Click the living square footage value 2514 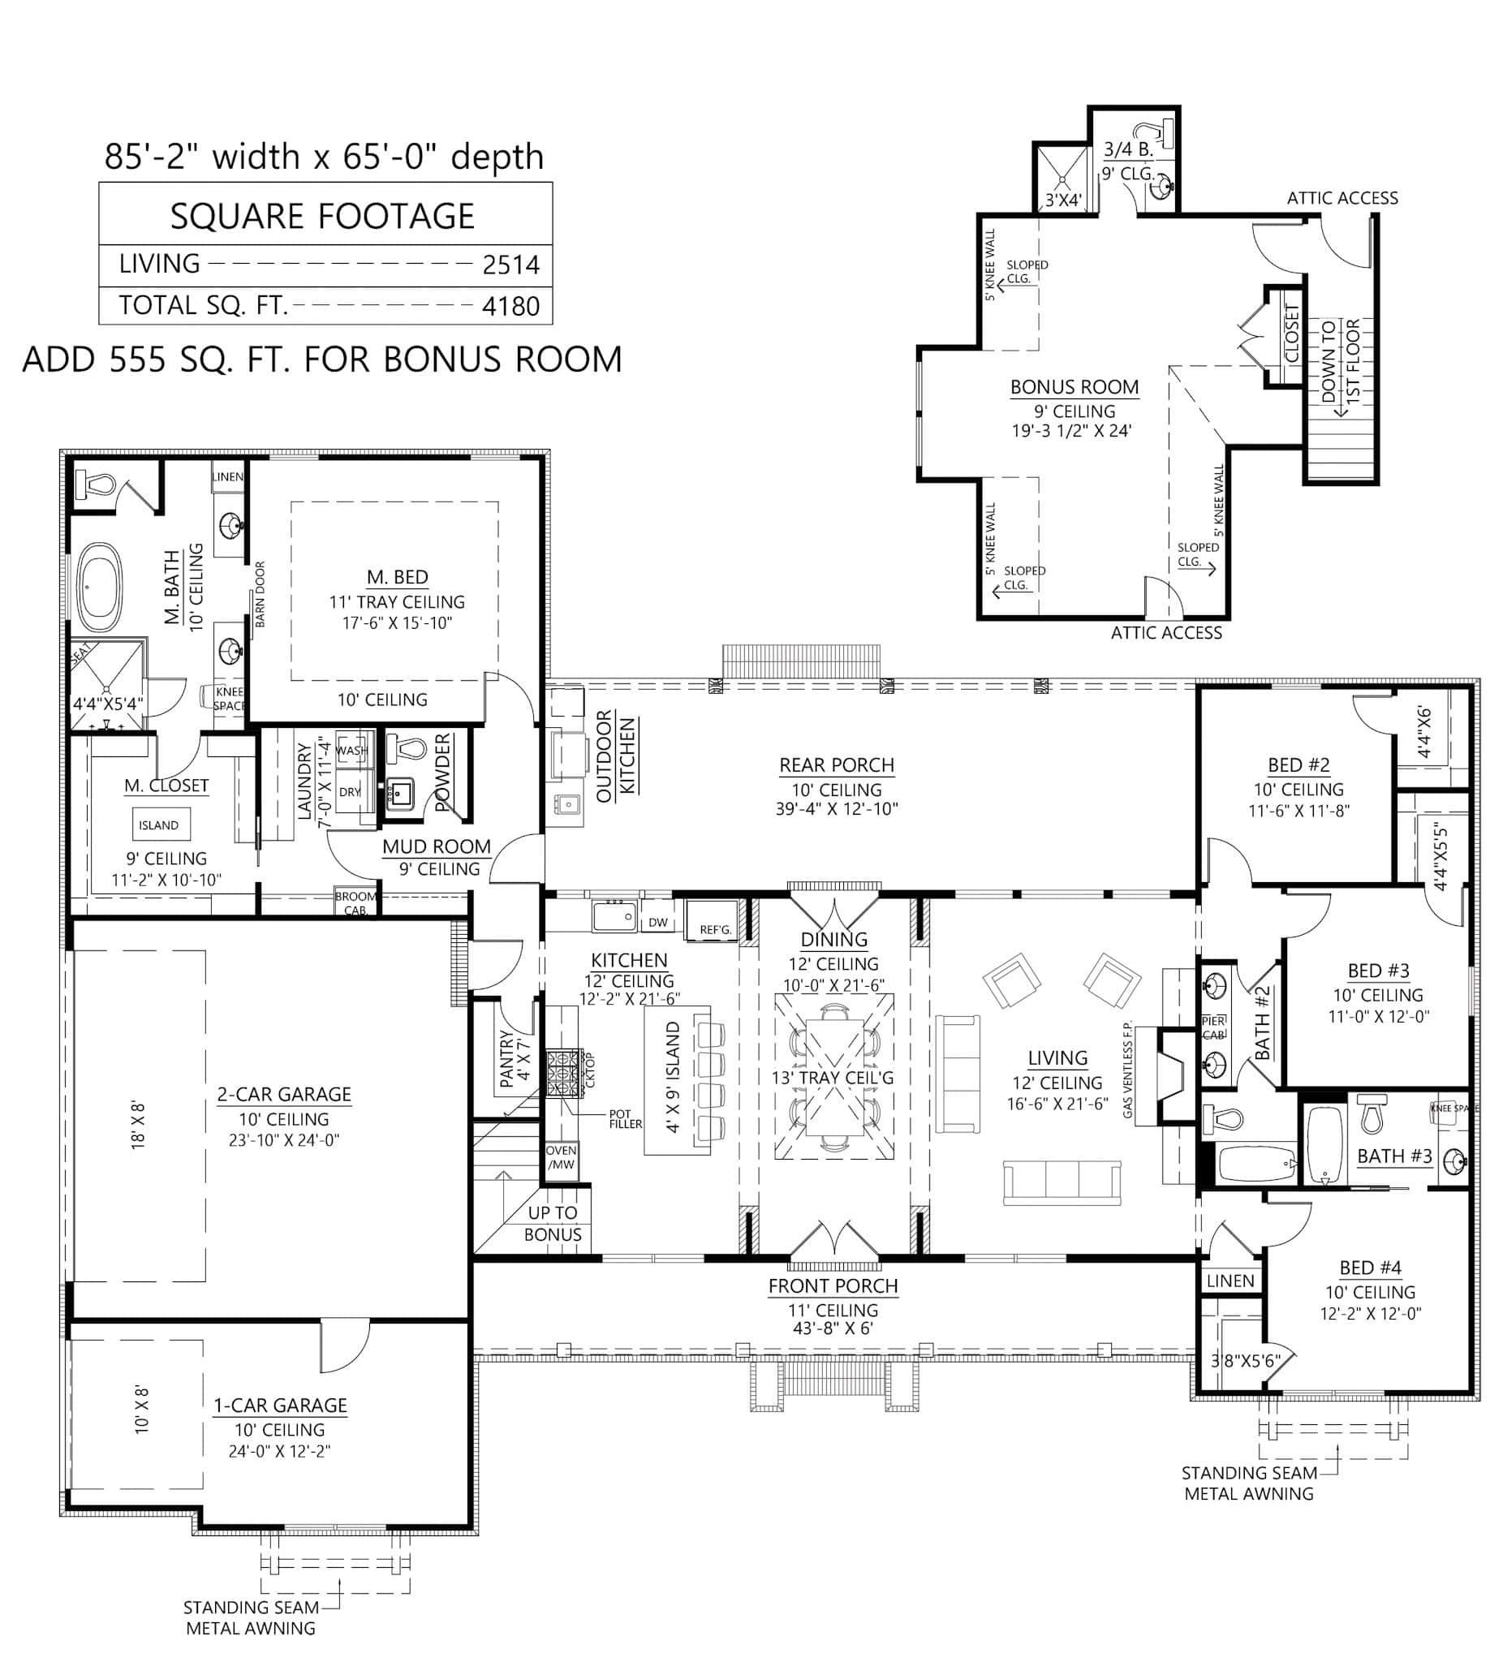click(x=510, y=265)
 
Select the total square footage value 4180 click(x=510, y=306)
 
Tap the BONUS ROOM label click(x=1074, y=386)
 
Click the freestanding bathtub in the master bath click(x=100, y=588)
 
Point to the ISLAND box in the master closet click(x=158, y=825)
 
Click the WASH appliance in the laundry click(x=352, y=749)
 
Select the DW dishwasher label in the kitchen click(x=658, y=922)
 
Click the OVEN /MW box click(x=562, y=1157)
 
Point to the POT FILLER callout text click(x=625, y=1119)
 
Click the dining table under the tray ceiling click(x=833, y=1078)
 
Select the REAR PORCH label click(x=837, y=765)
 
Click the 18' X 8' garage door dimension click(x=139, y=1126)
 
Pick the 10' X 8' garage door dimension click(x=142, y=1410)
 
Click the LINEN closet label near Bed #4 click(x=1230, y=1281)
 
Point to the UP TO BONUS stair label click(x=553, y=1224)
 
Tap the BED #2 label click(x=1298, y=765)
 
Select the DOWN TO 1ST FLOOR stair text click(x=1340, y=360)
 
